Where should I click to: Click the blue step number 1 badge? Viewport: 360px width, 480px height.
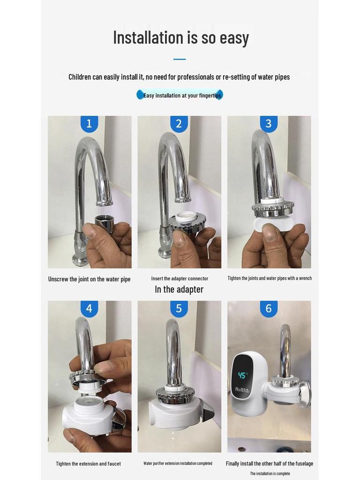[x=89, y=124]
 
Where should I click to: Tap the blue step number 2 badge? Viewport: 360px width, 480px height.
[x=179, y=124]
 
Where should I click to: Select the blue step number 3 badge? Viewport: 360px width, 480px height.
[x=269, y=124]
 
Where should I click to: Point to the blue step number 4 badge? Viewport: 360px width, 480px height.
[x=89, y=309]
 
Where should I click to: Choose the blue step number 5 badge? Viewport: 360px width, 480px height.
[x=179, y=309]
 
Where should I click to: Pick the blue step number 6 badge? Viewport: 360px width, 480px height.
[x=269, y=309]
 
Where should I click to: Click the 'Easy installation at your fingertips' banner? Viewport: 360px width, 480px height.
[x=180, y=95]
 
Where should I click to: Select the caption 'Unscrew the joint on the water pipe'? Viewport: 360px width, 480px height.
[x=89, y=279]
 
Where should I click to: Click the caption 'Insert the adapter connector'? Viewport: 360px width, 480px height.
[x=180, y=278]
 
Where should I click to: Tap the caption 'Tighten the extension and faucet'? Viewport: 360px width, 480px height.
[x=88, y=464]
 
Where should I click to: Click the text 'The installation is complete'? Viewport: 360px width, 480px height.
[x=270, y=473]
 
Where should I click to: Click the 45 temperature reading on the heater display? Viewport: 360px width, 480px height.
[x=242, y=375]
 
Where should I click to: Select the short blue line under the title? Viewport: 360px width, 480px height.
[x=180, y=59]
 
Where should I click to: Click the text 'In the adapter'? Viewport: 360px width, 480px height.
[x=179, y=289]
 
